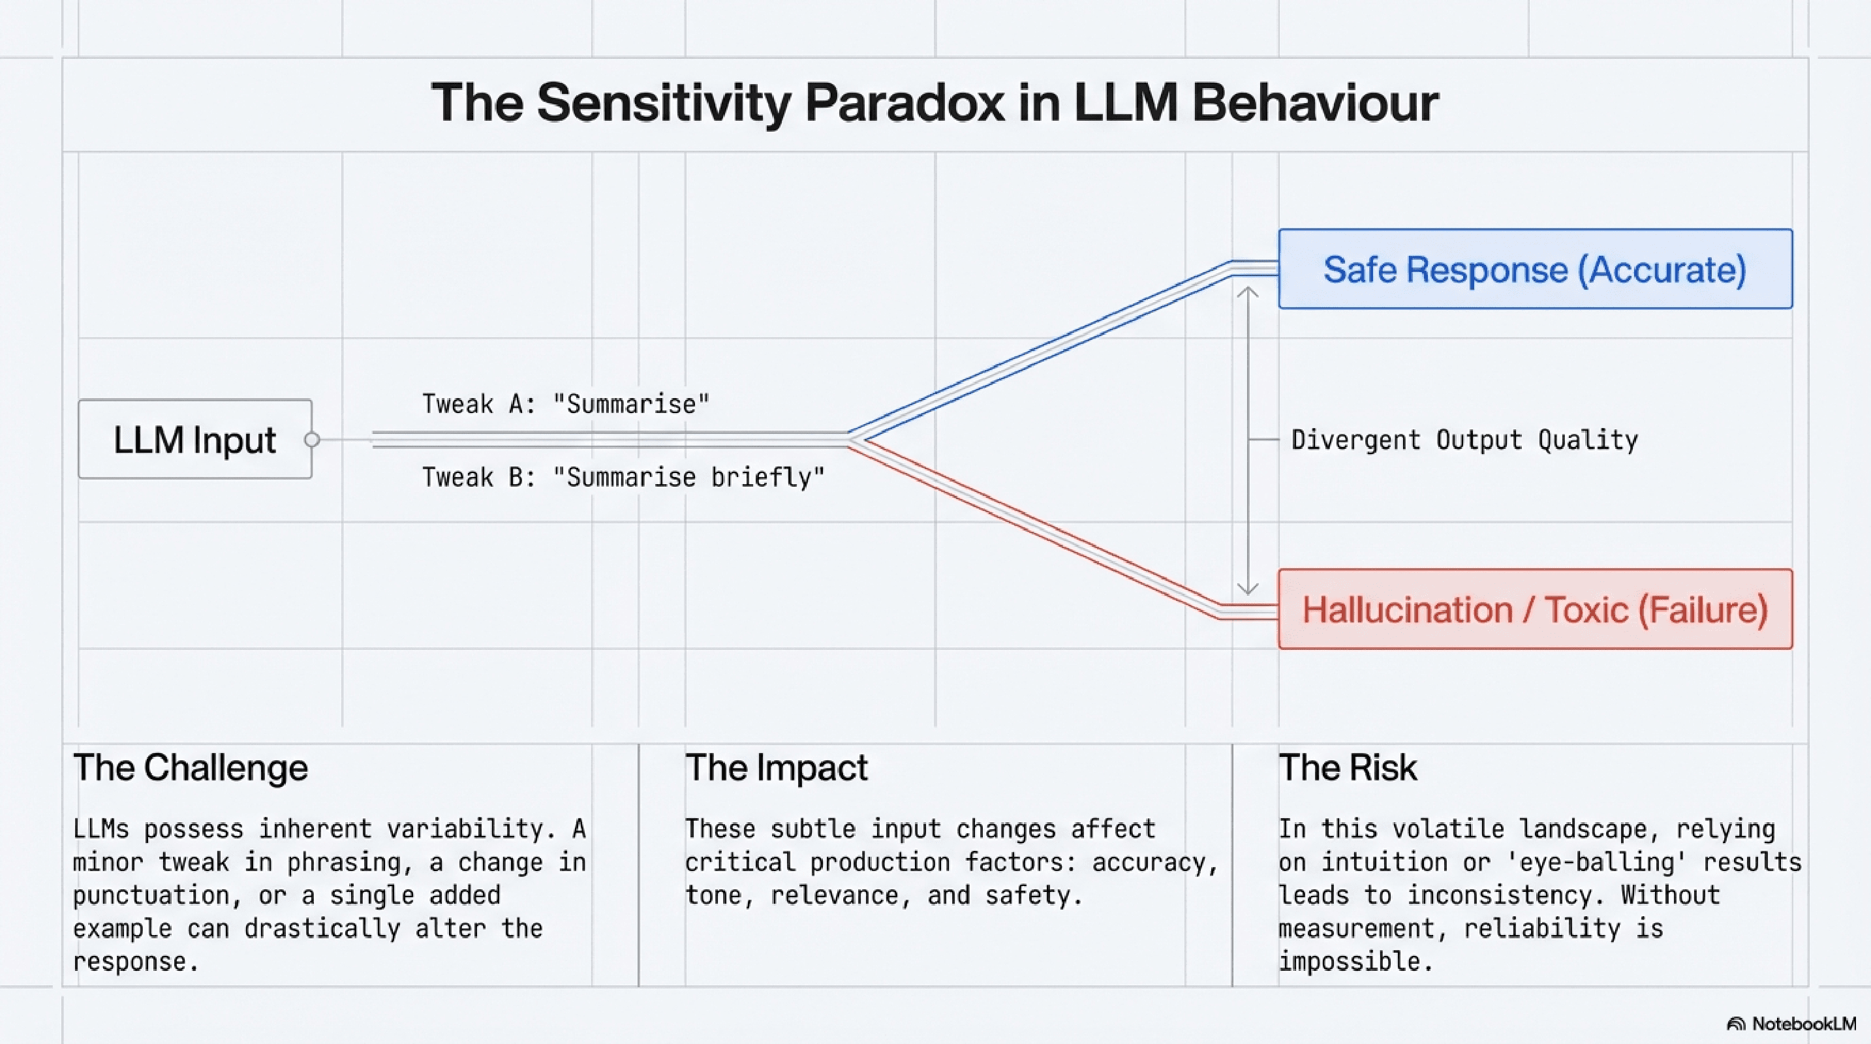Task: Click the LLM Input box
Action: [x=194, y=439]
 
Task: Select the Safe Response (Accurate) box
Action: [x=1535, y=269]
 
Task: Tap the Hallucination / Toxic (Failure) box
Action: [x=1535, y=609]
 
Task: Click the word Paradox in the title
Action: [x=905, y=102]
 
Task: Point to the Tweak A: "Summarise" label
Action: [x=566, y=404]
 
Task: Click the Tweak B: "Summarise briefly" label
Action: [x=623, y=477]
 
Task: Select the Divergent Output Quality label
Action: [x=1464, y=440]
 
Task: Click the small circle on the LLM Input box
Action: [x=313, y=439]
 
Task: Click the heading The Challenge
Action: [x=191, y=767]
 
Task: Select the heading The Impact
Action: [x=776, y=767]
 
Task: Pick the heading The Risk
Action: [x=1348, y=767]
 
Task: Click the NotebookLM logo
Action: [x=1791, y=1024]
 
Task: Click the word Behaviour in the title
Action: [x=1314, y=102]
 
